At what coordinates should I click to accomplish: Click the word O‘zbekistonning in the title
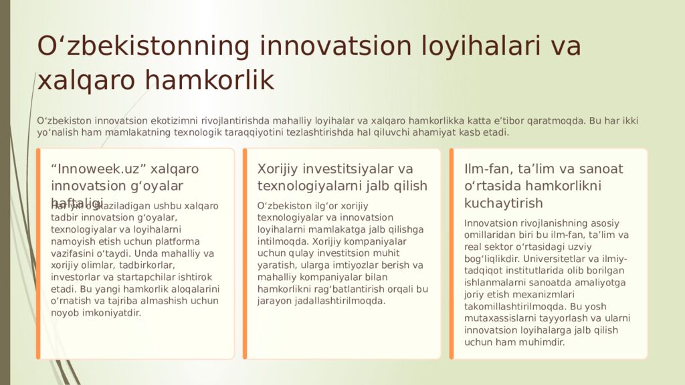(144, 46)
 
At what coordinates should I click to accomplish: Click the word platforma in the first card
(181, 241)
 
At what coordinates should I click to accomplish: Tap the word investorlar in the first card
(76, 277)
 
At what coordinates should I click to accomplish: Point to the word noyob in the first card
(64, 313)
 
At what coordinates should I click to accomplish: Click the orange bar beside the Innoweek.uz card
(39, 253)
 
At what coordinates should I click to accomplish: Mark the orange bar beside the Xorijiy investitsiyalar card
(246, 253)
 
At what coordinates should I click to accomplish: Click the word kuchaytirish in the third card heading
(503, 203)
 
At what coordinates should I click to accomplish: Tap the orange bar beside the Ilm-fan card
(452, 253)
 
